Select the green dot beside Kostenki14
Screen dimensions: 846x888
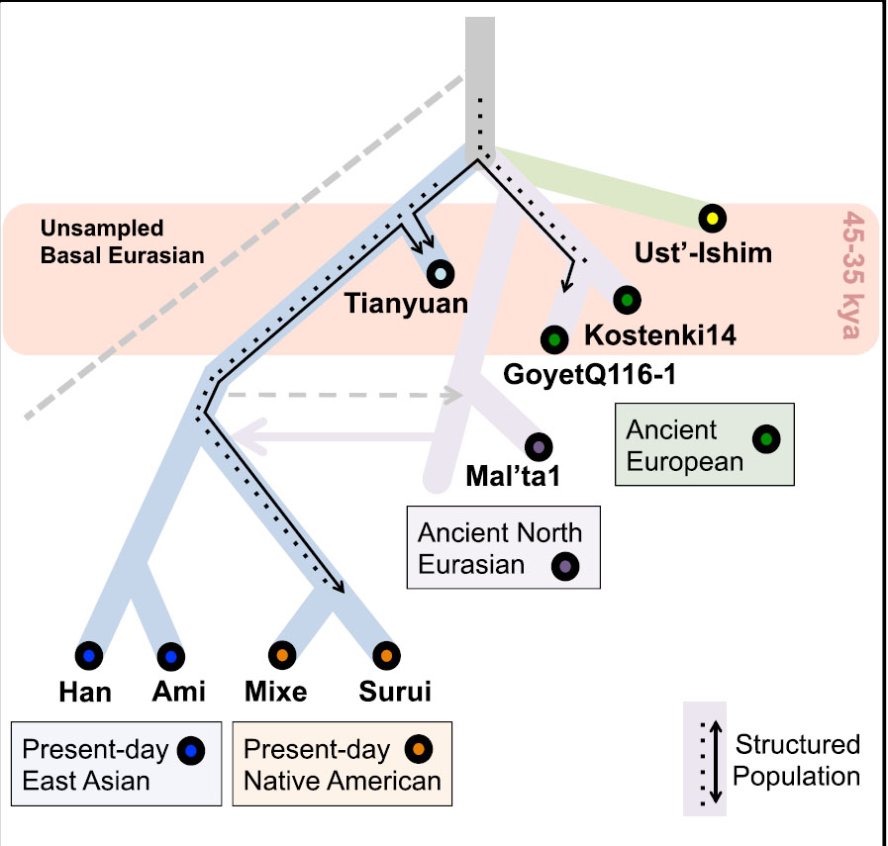pyautogui.click(x=626, y=299)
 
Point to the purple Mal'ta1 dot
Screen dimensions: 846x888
pyautogui.click(x=539, y=447)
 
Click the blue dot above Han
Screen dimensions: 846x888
pyautogui.click(x=89, y=655)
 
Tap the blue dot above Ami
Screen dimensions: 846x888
pyautogui.click(x=169, y=655)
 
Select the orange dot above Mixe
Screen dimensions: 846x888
pyautogui.click(x=281, y=655)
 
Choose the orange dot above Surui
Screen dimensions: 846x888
pyautogui.click(x=384, y=655)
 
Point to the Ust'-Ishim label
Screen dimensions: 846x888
pyautogui.click(x=703, y=253)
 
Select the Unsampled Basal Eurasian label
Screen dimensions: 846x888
pyautogui.click(x=123, y=240)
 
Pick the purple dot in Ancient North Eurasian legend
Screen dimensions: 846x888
pyautogui.click(x=565, y=567)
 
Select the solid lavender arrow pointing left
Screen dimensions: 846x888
pyautogui.click(x=336, y=436)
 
